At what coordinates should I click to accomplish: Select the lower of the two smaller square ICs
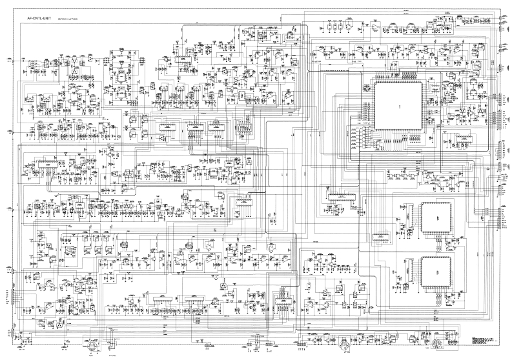435,273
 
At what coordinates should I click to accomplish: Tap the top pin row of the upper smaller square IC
435,203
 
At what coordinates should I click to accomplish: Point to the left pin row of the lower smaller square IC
419,273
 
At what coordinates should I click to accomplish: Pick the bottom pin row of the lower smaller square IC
435,290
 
